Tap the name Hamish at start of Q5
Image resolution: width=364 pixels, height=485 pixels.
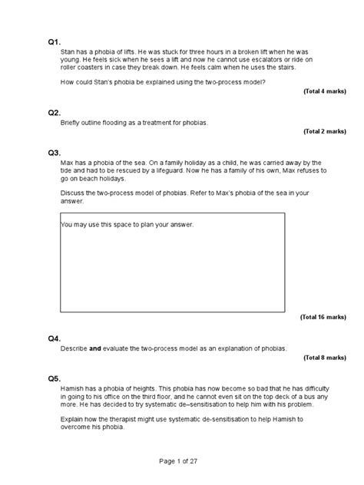(x=73, y=388)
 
